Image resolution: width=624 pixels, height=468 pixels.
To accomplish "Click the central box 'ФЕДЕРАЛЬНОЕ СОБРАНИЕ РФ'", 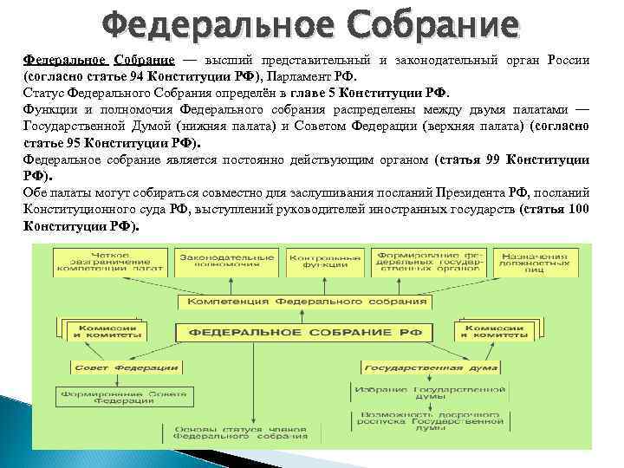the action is coord(313,332).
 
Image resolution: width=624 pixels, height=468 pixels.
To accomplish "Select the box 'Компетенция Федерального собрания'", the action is coord(313,302).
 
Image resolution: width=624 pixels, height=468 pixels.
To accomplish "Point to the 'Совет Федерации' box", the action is coord(107,368).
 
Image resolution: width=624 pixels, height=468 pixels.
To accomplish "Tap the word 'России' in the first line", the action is coord(566,61).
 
